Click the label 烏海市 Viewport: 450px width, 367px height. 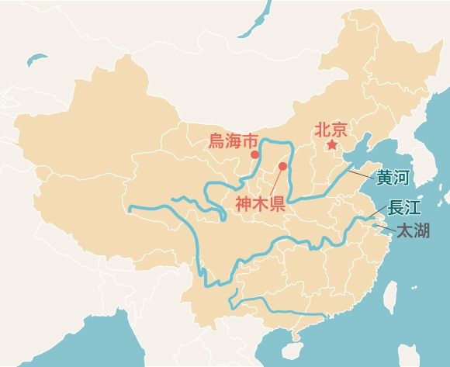[233, 141]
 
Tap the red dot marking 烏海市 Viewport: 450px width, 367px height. [254, 154]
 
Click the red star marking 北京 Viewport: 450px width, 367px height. [332, 145]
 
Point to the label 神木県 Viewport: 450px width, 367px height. [259, 205]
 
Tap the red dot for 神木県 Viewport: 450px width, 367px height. [282, 166]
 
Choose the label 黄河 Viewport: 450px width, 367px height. [392, 177]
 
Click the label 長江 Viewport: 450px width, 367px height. [404, 207]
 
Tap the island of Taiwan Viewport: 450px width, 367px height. [390, 293]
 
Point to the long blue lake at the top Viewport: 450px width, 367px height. [255, 21]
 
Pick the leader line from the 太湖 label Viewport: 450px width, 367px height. [385, 227]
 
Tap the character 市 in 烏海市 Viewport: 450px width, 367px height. [249, 141]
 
